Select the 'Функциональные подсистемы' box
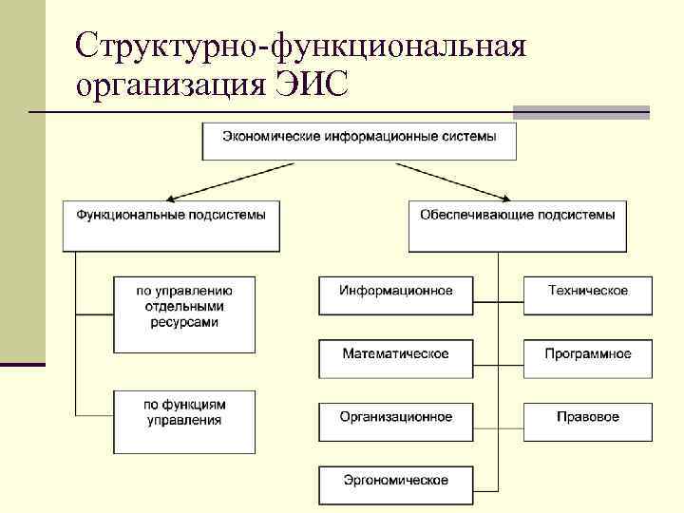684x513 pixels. tap(171, 224)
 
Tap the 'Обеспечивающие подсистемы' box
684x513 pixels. tap(518, 224)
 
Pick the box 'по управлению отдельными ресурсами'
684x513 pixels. tap(183, 313)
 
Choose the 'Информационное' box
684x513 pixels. tap(396, 294)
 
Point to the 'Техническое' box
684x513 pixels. tap(588, 294)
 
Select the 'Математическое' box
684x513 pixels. tap(396, 357)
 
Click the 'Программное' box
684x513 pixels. tap(588, 357)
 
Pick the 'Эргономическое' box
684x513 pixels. tap(396, 484)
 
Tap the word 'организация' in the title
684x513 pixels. tap(168, 85)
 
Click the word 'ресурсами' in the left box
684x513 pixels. tap(183, 323)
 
